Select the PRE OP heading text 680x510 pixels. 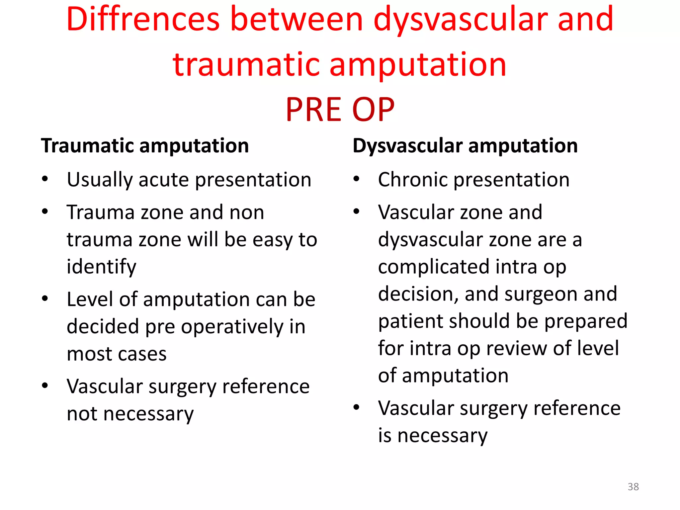point(340,110)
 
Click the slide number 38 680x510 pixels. point(633,487)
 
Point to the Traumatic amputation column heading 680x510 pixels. point(145,146)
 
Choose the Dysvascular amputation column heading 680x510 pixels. point(465,146)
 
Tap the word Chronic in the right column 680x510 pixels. point(412,180)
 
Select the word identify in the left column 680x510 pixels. point(101,267)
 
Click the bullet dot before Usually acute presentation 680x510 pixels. point(45,179)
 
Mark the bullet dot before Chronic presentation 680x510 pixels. point(357,179)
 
